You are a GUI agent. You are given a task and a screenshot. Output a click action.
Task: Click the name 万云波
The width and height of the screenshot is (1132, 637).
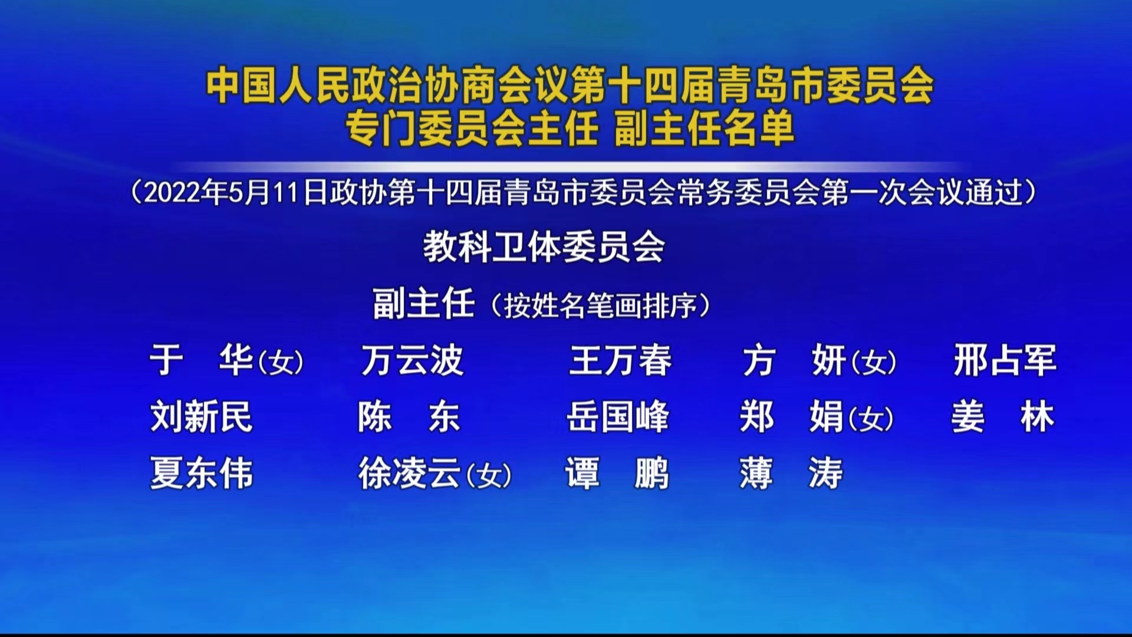coord(412,360)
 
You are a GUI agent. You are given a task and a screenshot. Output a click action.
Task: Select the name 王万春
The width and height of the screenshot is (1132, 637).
coord(620,360)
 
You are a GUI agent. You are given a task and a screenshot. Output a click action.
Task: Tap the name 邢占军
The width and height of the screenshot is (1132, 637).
coord(1005,360)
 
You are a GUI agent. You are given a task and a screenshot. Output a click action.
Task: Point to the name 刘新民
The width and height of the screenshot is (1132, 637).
coord(202,416)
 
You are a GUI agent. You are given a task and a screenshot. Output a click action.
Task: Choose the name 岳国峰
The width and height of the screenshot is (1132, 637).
coord(618,416)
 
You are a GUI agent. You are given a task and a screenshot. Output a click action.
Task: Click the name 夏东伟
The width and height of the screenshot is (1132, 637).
coord(202,473)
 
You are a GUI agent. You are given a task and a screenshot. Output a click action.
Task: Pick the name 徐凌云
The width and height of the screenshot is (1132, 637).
coord(410,473)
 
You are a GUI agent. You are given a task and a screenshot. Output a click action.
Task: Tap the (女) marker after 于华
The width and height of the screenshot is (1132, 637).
coord(281,362)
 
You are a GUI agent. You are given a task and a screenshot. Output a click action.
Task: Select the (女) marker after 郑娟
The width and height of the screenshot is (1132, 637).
coord(871,419)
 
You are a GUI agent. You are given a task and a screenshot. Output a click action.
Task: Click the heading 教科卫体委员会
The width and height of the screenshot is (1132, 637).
coord(544,247)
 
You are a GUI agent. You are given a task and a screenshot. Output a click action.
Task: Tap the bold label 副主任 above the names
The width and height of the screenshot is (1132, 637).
coord(424,304)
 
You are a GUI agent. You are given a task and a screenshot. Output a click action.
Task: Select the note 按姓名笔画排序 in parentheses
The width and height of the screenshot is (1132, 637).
coord(601,306)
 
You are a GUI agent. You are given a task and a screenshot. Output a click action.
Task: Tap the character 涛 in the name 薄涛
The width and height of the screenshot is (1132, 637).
coord(826,473)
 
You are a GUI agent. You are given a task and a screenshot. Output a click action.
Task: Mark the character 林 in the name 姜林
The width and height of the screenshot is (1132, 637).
coord(1038,416)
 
